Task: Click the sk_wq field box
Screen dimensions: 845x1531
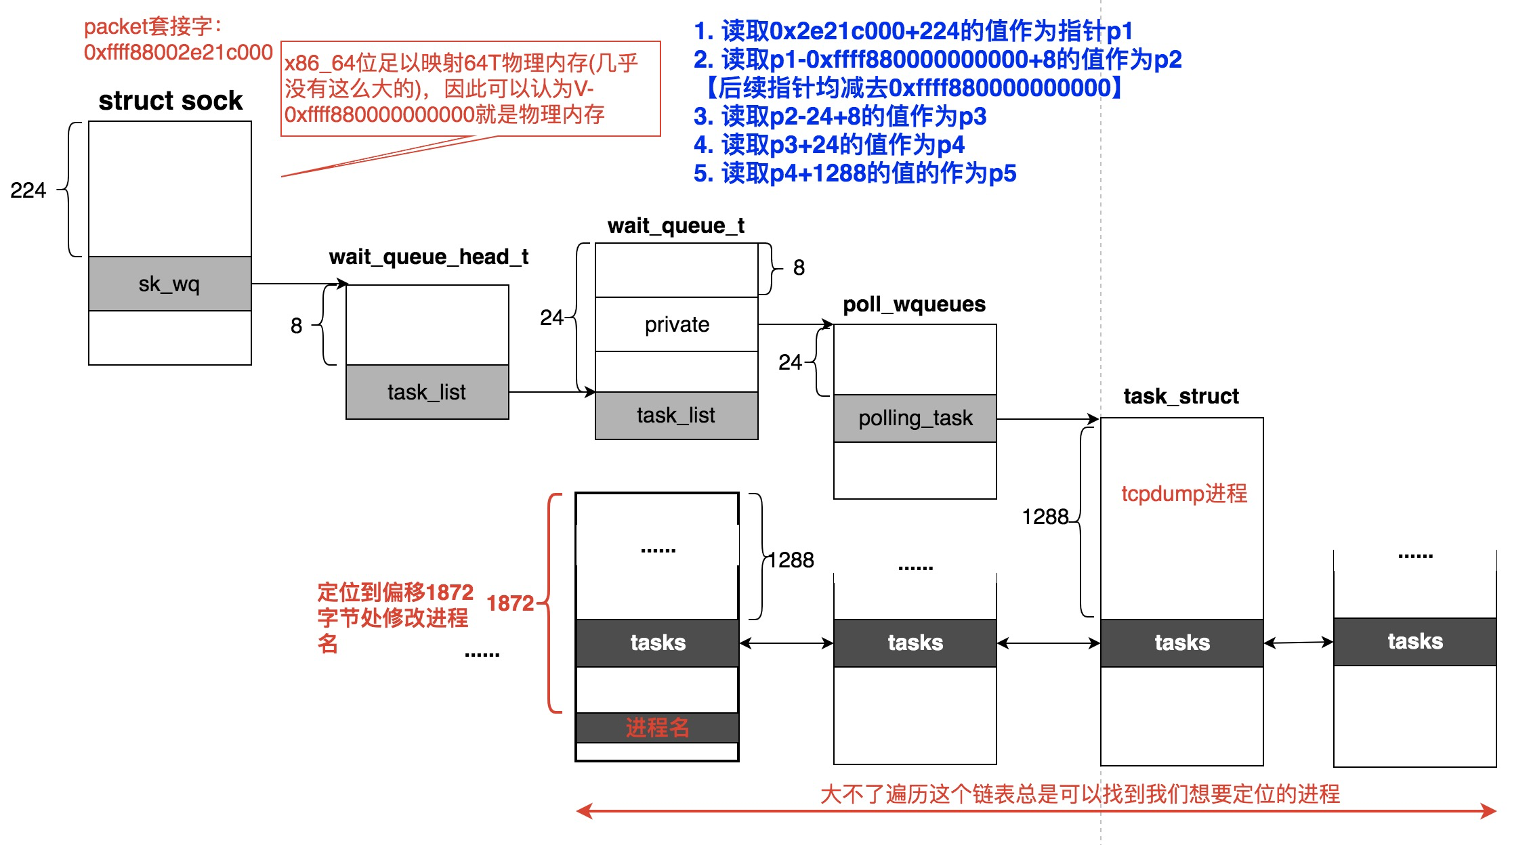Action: (169, 284)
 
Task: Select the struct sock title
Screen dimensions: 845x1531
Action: (170, 101)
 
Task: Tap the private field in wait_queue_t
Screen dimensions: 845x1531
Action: (676, 324)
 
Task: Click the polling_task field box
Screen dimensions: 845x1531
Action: (915, 418)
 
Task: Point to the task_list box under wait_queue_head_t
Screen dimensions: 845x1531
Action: (427, 392)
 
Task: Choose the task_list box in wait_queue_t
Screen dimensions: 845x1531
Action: (676, 415)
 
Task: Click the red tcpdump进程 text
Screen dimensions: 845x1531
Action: (1183, 494)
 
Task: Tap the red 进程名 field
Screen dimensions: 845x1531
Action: (657, 728)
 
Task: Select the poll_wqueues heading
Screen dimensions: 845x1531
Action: (914, 304)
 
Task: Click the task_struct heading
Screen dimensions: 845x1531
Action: (1181, 396)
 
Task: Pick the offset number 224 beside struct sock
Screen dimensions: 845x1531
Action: (28, 190)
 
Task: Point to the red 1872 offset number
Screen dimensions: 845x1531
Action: (509, 603)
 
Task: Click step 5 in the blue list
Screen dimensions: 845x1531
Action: (855, 173)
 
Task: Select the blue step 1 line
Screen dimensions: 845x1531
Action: (913, 31)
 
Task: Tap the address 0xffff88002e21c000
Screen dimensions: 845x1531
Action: (178, 52)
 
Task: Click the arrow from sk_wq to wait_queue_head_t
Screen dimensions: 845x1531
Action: (298, 284)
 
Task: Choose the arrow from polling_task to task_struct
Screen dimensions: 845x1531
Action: (1047, 419)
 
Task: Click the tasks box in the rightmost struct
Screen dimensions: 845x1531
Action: (1414, 641)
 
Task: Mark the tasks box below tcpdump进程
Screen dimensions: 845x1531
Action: (1181, 643)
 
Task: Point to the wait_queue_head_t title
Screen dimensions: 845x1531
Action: (428, 257)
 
